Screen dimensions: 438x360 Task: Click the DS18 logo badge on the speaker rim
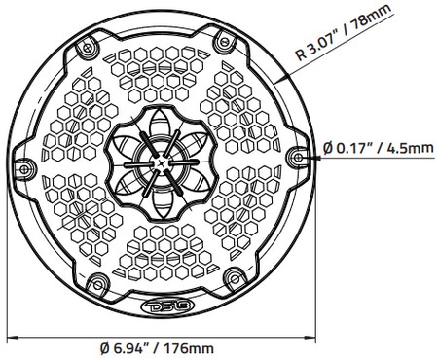167,306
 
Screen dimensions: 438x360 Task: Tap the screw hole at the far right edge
298,158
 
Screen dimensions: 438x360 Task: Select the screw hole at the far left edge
23,169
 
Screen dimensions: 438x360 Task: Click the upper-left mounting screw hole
87,49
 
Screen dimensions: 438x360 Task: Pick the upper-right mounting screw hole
225,41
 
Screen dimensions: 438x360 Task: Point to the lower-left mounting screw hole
97,285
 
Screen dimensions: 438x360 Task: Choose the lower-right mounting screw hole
235,278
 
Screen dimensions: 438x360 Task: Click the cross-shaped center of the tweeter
161,162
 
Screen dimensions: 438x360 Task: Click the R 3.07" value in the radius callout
316,45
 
